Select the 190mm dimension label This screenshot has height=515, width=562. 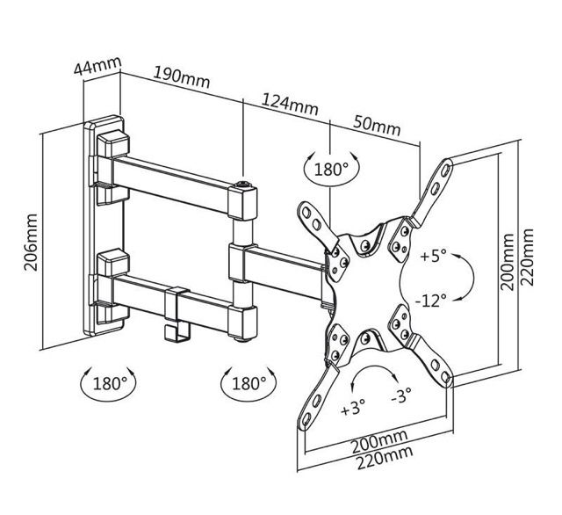tap(184, 76)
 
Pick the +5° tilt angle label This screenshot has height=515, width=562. tap(433, 257)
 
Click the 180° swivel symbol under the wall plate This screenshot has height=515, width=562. tap(106, 383)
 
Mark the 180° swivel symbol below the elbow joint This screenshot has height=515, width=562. tap(244, 383)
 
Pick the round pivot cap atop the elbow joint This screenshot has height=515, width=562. tap(243, 185)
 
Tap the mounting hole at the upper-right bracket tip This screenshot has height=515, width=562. tap(447, 164)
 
